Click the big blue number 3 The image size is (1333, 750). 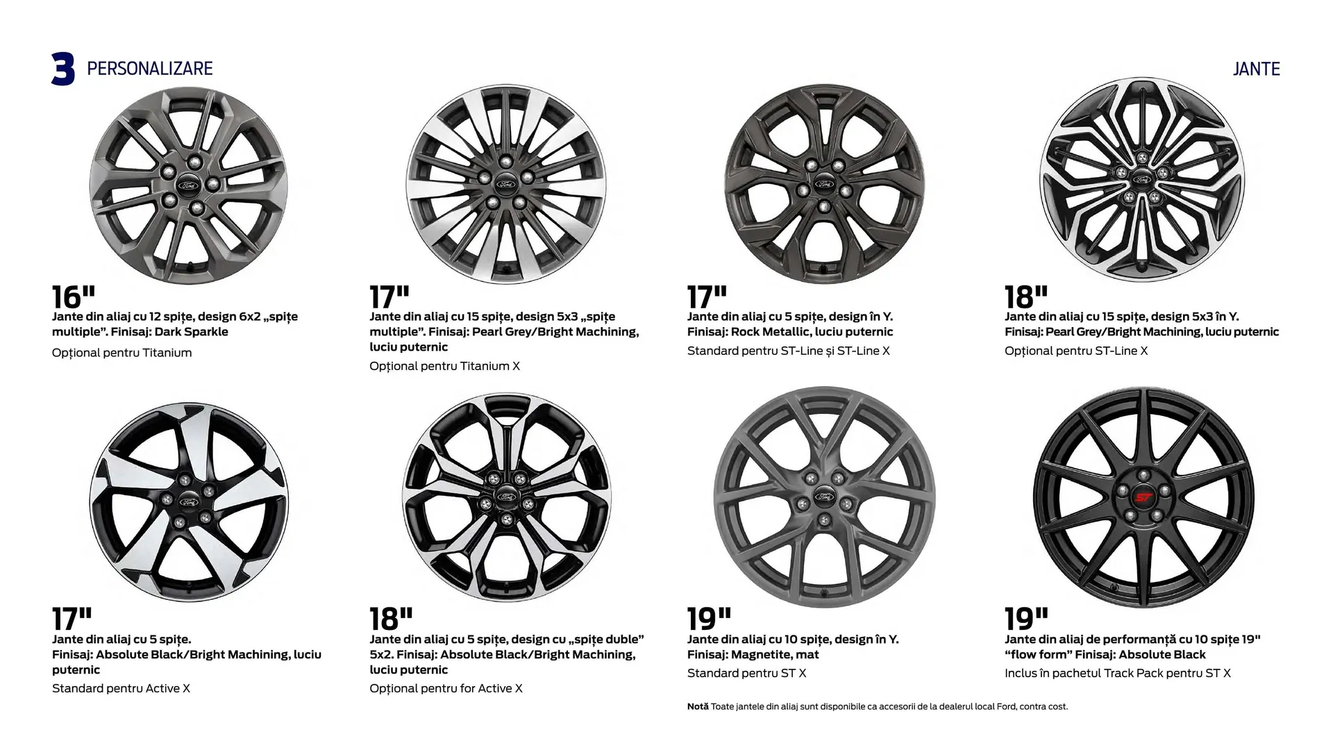pyautogui.click(x=63, y=69)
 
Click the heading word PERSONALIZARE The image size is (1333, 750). pyautogui.click(x=150, y=69)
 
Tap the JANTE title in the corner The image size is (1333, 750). pyautogui.click(x=1257, y=69)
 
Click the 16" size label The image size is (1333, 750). pyautogui.click(x=74, y=297)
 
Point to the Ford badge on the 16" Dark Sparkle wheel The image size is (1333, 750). pyautogui.click(x=189, y=185)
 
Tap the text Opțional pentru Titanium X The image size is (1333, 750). pyautogui.click(x=444, y=366)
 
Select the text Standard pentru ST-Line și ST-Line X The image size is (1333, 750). pyautogui.click(x=789, y=351)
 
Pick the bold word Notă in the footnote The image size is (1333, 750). pyautogui.click(x=698, y=706)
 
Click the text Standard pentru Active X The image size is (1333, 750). pyautogui.click(x=121, y=688)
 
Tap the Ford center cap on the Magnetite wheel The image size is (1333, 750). pyautogui.click(x=824, y=497)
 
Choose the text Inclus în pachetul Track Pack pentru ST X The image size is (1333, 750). pyautogui.click(x=1118, y=673)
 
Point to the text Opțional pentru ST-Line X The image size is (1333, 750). pyautogui.click(x=1076, y=351)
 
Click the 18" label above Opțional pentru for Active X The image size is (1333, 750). pyautogui.click(x=391, y=619)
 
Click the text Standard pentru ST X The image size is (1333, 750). pyautogui.click(x=747, y=673)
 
